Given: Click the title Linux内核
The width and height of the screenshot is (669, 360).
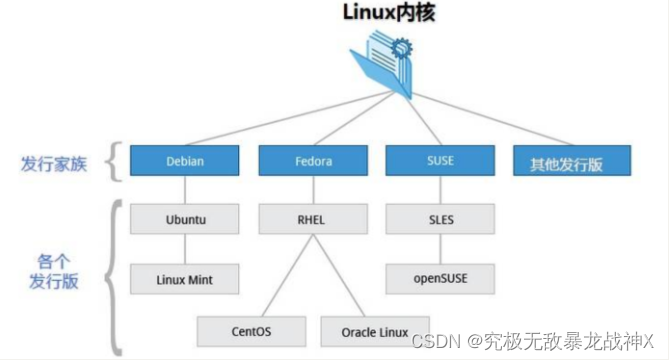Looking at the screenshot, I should pos(384,14).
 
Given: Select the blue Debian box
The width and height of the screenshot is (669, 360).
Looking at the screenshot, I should pos(184,160).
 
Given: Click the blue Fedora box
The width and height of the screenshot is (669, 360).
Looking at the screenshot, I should pos(312,160).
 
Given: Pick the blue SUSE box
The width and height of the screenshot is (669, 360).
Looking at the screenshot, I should pos(439,160).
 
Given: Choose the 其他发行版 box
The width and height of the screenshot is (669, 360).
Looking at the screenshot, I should pos(566,160).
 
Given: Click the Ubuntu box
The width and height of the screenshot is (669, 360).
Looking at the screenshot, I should pos(184,217).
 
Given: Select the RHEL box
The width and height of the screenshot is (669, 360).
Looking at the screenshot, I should pos(312,217).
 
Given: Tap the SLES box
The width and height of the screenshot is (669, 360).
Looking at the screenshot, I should pos(439,217).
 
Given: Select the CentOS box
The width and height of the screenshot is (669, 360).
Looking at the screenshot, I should pos(251,330).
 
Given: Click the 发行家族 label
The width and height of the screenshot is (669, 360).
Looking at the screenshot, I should pos(54,163).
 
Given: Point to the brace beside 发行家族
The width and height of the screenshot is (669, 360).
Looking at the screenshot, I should pos(114,161).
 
